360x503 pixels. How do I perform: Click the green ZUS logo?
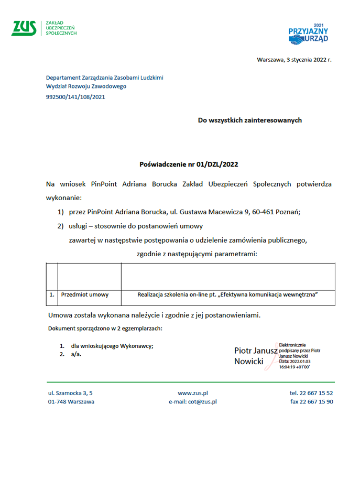pyautogui.click(x=24, y=28)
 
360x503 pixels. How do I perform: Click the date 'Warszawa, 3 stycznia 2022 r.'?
pyautogui.click(x=294, y=60)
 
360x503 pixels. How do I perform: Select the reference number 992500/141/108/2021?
pyautogui.click(x=75, y=96)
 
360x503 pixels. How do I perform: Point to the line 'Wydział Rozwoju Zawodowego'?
pyautogui.click(x=86, y=86)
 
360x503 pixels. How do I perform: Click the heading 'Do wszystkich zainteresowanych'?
pyautogui.click(x=249, y=120)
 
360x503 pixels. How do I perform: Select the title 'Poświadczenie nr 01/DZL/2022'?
pyautogui.click(x=189, y=164)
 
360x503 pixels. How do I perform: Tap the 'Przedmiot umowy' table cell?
pyautogui.click(x=85, y=295)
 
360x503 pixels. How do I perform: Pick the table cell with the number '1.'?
pyautogui.click(x=52, y=295)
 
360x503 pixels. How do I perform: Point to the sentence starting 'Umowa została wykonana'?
pyautogui.click(x=154, y=315)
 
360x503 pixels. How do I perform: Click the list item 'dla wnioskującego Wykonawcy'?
pyautogui.click(x=112, y=346)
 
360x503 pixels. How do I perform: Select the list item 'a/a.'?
pyautogui.click(x=77, y=354)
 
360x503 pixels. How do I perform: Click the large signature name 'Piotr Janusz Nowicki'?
pyautogui.click(x=255, y=356)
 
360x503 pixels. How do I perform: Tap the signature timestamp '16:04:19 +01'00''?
pyautogui.click(x=294, y=367)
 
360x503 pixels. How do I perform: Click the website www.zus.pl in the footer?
pyautogui.click(x=193, y=393)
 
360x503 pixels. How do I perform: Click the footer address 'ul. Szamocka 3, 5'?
pyautogui.click(x=70, y=393)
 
